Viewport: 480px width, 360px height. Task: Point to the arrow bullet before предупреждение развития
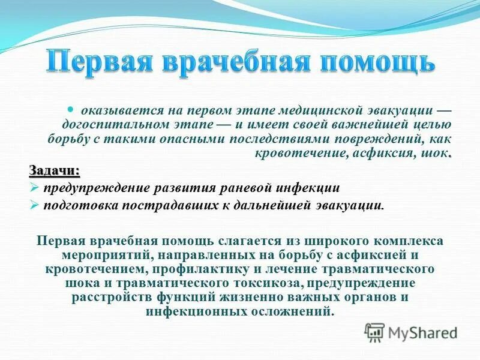coord(34,188)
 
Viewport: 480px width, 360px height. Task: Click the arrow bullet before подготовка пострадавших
coord(34,205)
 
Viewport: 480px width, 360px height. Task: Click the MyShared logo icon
coord(375,332)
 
